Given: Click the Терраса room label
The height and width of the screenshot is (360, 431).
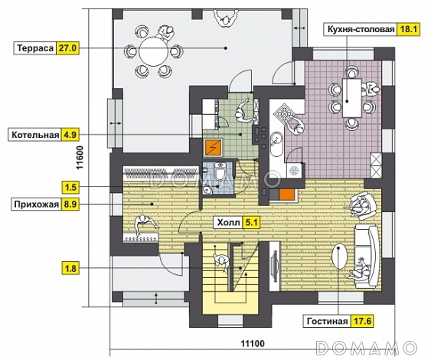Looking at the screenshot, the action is [x=35, y=48].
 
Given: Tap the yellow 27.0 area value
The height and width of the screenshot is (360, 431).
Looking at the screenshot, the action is [x=67, y=48].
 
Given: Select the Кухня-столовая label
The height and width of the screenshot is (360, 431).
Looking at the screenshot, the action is [x=361, y=29].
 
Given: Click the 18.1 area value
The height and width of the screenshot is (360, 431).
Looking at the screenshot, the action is [x=409, y=29].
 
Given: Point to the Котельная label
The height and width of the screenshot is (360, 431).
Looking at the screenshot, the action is [x=35, y=135].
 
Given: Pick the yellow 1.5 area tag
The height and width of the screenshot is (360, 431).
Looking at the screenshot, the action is [x=70, y=188].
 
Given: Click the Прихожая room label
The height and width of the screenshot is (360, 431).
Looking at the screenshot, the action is [x=36, y=205].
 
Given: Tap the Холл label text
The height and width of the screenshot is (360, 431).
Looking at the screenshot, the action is [x=228, y=222].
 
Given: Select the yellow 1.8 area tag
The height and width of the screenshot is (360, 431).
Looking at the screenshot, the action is [x=70, y=268].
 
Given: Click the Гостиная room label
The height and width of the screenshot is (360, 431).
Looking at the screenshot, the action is [x=327, y=321].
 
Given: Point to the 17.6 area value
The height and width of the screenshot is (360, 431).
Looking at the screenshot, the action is [x=362, y=321].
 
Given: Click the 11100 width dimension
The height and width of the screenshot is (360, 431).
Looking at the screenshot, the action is [x=253, y=343].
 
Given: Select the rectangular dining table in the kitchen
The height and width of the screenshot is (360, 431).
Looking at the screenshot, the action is [x=352, y=98].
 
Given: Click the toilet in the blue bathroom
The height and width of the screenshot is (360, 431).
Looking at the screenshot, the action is [x=220, y=172].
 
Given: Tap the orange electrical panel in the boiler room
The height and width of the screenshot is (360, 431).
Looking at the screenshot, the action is [x=213, y=148].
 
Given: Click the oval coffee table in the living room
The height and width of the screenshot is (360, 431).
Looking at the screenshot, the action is [x=339, y=257].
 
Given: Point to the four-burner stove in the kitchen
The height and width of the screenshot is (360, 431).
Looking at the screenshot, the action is [x=284, y=113].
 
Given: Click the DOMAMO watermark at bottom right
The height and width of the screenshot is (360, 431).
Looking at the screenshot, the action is [x=367, y=349].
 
